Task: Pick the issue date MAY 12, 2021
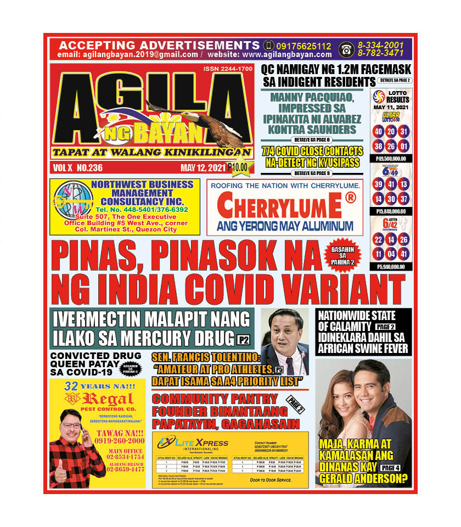(x=203, y=168)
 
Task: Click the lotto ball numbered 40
(x=378, y=132)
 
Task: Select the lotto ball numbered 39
(x=378, y=184)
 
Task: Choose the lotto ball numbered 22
(x=378, y=239)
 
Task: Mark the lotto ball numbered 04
(x=391, y=254)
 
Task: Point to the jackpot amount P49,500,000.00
(x=391, y=159)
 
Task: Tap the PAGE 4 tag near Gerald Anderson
(x=390, y=467)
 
